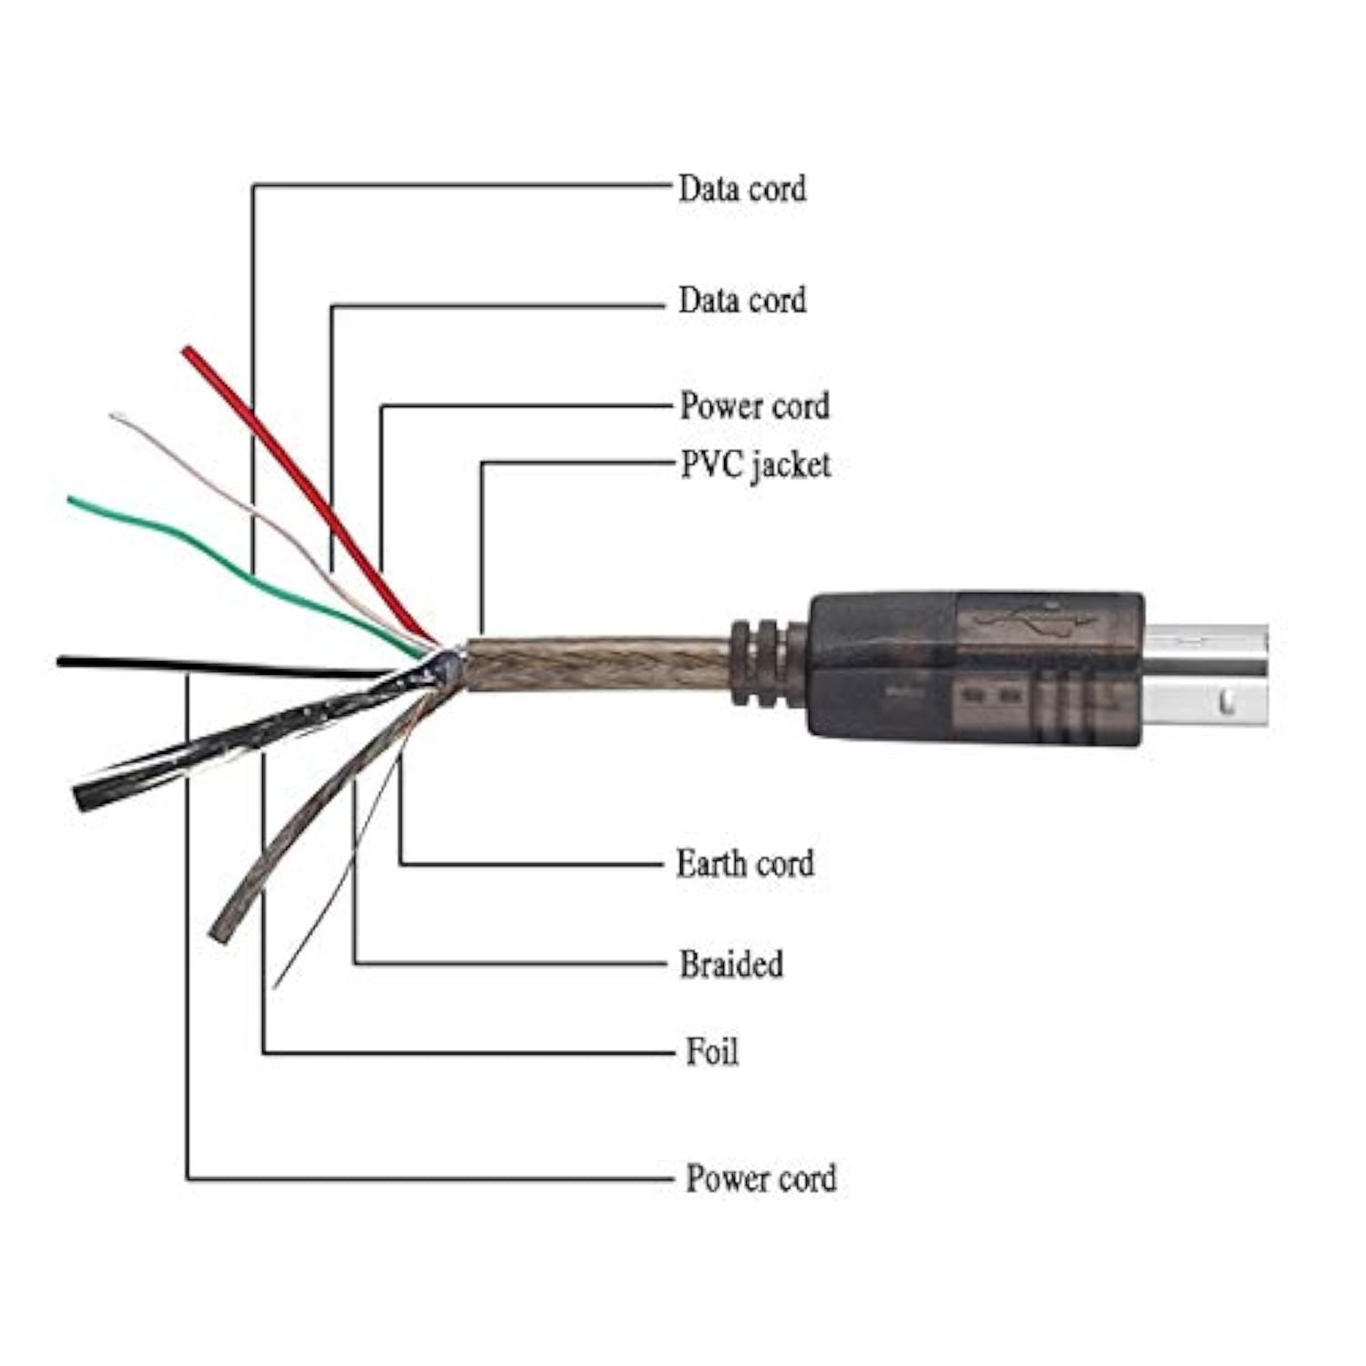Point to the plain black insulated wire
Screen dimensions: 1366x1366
coord(182,667)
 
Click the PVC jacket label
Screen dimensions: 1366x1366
coord(755,465)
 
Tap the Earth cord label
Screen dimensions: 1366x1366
coord(744,863)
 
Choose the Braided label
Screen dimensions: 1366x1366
coord(730,963)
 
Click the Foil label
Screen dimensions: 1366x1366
coord(711,1052)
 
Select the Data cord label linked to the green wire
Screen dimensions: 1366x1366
coord(741,189)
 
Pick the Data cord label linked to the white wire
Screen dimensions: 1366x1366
coord(741,300)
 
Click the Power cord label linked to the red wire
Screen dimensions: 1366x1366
coord(754,406)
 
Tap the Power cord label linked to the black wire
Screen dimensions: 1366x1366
coord(760,1177)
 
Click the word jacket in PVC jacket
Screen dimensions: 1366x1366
coord(790,466)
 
